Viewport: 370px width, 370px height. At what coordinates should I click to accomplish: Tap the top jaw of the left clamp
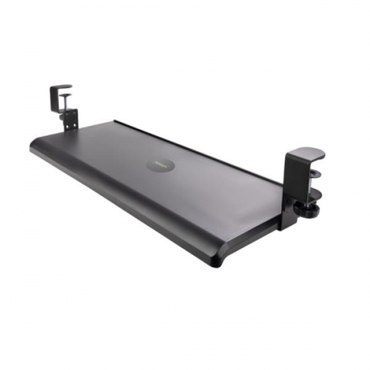(x=61, y=87)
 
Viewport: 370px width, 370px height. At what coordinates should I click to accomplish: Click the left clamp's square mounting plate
(x=70, y=119)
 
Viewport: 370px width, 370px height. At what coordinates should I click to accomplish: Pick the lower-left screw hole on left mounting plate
(x=66, y=125)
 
